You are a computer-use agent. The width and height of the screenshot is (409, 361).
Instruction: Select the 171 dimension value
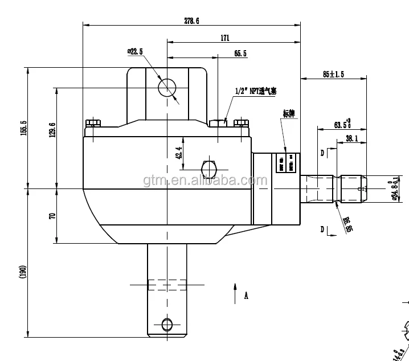coord(224,38)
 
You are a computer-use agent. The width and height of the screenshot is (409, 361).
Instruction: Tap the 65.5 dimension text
coord(240,54)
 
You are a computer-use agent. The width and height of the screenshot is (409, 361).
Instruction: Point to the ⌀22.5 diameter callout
coord(135,52)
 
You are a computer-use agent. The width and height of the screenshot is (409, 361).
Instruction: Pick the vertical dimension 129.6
coord(52,130)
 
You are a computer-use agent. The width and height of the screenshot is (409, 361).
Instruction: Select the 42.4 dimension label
coord(178,153)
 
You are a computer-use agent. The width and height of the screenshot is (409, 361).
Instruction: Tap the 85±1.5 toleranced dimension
coord(333,74)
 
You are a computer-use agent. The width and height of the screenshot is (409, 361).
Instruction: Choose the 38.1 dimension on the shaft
coord(351,138)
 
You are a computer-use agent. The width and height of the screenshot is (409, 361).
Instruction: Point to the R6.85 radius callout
coord(347,224)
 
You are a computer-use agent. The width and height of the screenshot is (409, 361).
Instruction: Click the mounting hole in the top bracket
coord(167,87)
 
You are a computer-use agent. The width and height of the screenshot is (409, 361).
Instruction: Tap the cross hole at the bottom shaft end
coord(166,325)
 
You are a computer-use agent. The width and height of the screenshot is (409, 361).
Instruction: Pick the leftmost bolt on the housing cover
coord(93,123)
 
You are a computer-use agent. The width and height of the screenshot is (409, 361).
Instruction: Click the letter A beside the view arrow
coord(246,296)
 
